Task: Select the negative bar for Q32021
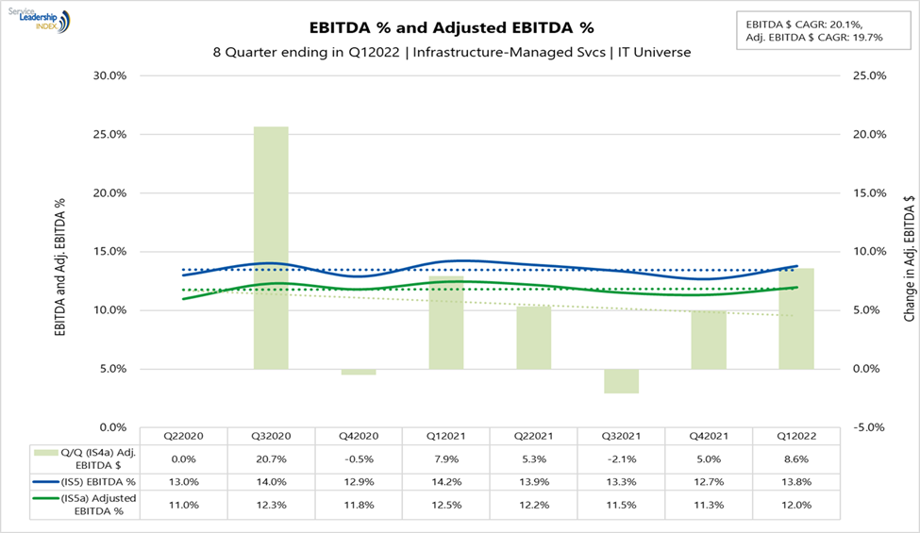click(x=621, y=380)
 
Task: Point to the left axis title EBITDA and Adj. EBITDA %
click(x=59, y=251)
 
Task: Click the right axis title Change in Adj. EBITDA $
click(x=909, y=251)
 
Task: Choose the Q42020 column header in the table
click(x=358, y=436)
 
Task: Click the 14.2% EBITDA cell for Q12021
click(x=445, y=482)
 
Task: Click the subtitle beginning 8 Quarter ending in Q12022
click(x=452, y=53)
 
